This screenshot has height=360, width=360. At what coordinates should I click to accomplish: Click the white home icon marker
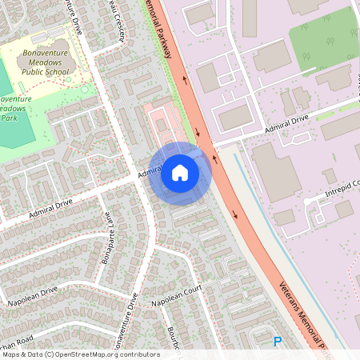click(x=180, y=173)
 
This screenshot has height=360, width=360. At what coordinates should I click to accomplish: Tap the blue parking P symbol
click(x=278, y=342)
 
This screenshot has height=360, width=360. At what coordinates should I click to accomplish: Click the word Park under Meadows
click(x=9, y=118)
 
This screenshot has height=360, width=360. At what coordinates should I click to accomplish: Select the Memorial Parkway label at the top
click(x=161, y=28)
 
